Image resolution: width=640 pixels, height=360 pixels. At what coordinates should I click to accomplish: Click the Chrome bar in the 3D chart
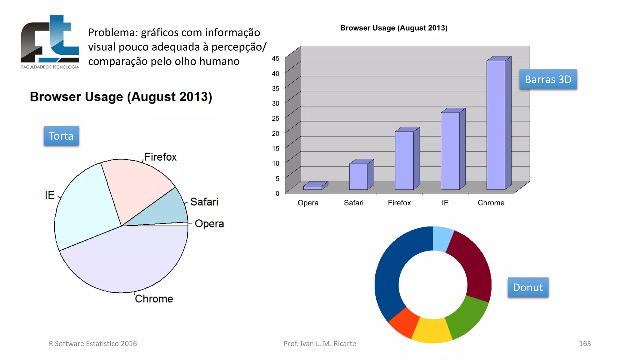[496, 125]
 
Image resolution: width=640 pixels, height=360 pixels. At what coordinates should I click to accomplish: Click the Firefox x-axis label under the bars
[399, 203]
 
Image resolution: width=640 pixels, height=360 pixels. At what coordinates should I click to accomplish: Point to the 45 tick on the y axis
[275, 58]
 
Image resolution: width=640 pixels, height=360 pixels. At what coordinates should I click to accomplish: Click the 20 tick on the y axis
[275, 133]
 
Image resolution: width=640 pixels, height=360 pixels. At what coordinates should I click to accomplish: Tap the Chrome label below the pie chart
[154, 299]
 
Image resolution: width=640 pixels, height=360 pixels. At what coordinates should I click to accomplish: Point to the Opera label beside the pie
[209, 224]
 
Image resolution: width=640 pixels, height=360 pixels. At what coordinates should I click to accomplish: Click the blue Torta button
[61, 136]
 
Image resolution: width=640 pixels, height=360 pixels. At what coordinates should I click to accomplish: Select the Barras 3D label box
[548, 79]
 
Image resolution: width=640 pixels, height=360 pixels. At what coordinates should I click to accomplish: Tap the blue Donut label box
[528, 287]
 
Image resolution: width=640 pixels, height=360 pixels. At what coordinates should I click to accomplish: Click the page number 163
[585, 343]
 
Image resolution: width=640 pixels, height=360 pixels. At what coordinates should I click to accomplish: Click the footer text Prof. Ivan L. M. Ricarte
[320, 343]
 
